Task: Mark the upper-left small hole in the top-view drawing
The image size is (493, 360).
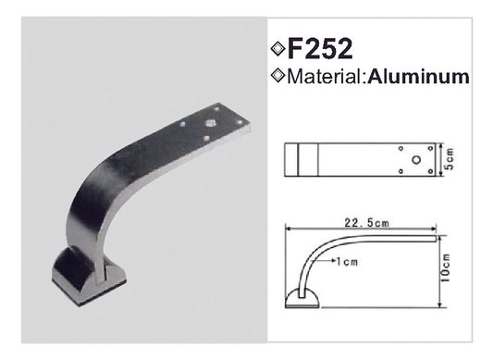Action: [x=400, y=148]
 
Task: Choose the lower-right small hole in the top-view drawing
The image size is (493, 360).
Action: [x=427, y=170]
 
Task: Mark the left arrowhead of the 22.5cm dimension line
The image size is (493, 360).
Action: [x=289, y=228]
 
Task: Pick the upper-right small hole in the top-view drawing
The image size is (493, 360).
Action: [x=427, y=148]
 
